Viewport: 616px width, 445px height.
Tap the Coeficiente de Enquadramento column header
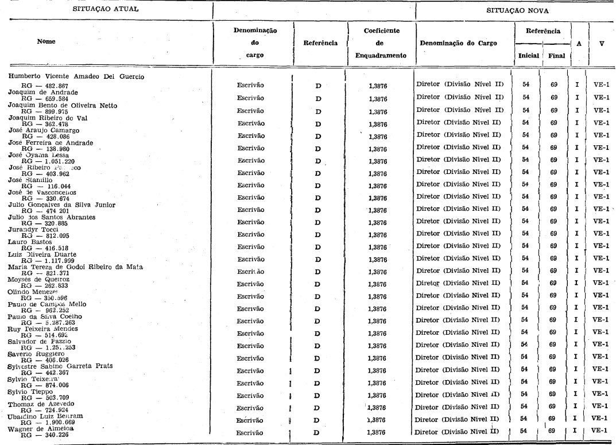click(381, 43)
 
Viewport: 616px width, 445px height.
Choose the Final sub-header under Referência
click(556, 56)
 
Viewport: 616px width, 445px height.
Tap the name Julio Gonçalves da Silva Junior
click(61, 205)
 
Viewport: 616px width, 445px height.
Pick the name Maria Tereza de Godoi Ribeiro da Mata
click(75, 267)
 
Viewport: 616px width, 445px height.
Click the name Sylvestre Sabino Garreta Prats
click(60, 366)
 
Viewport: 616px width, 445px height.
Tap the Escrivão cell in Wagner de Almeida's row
click(251, 432)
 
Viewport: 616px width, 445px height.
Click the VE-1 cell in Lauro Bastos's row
click(600, 246)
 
